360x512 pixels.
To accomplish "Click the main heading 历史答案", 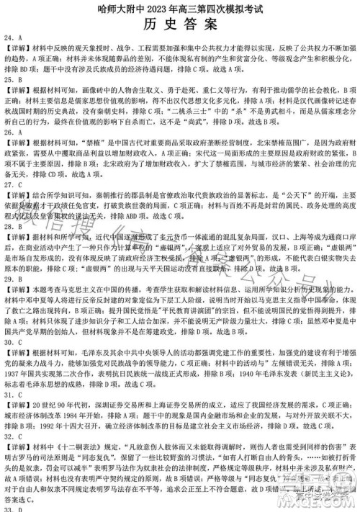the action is [x=179, y=24].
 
